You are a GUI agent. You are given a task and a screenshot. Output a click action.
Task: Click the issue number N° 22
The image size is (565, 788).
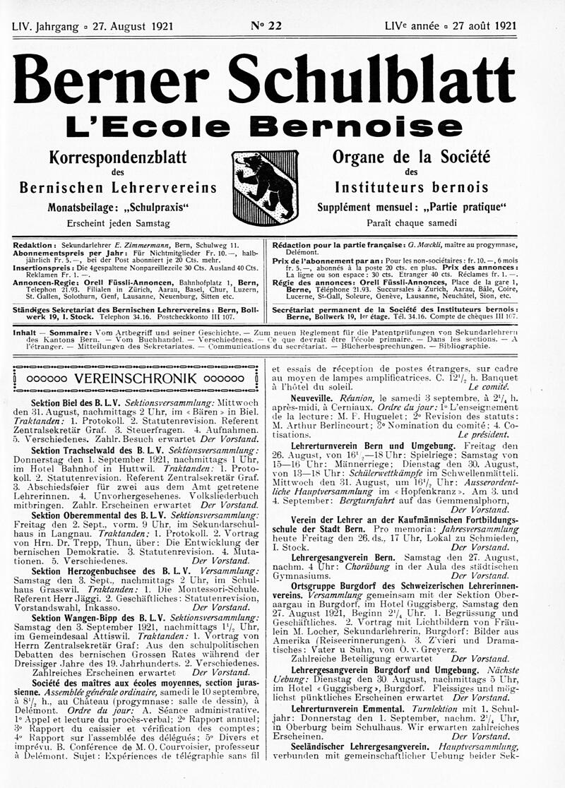click(266, 26)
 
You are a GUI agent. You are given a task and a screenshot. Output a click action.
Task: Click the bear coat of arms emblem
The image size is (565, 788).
click(266, 186)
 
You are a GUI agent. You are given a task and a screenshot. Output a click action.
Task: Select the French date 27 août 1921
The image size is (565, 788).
click(480, 26)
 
